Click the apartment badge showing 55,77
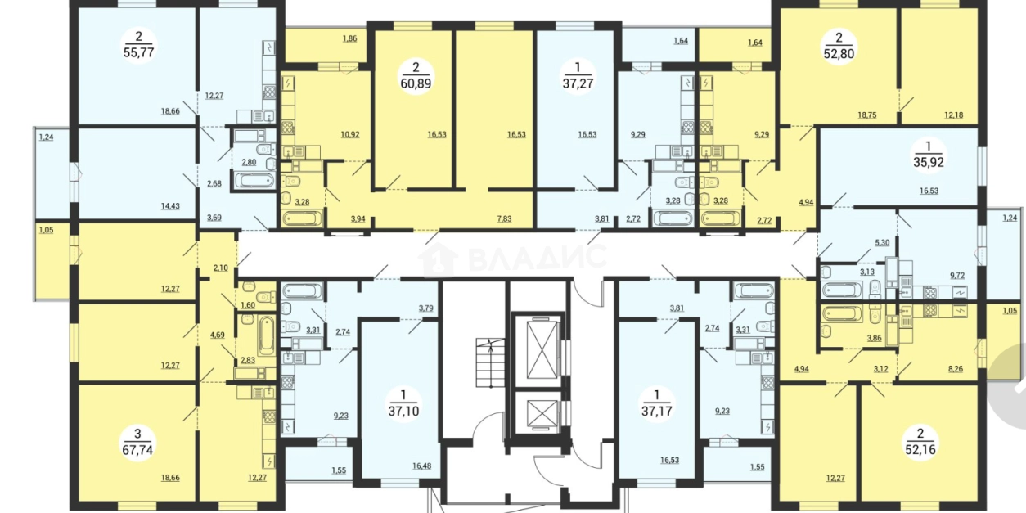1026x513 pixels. coord(139,44)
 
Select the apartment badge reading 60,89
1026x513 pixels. coord(416,76)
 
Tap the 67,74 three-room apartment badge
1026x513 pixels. coord(137,442)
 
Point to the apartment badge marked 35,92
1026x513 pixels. coord(929,155)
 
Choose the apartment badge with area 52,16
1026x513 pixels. coord(920,441)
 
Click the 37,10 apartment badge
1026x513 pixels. coord(403,403)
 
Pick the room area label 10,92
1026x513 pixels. coord(350,135)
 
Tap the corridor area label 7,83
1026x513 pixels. coord(504,219)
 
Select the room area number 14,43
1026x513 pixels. coord(170,206)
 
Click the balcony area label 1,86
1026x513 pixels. coord(349,39)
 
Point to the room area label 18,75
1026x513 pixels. coord(867,115)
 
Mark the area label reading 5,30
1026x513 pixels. coord(882,243)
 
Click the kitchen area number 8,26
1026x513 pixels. coord(956,369)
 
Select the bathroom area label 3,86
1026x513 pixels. coord(874,339)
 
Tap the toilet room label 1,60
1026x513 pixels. coord(247,305)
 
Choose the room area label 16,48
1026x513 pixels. coord(421,466)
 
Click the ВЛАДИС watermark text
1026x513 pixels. coord(538,257)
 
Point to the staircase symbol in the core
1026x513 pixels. coord(490,362)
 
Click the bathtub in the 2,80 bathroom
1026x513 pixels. coord(254,179)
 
